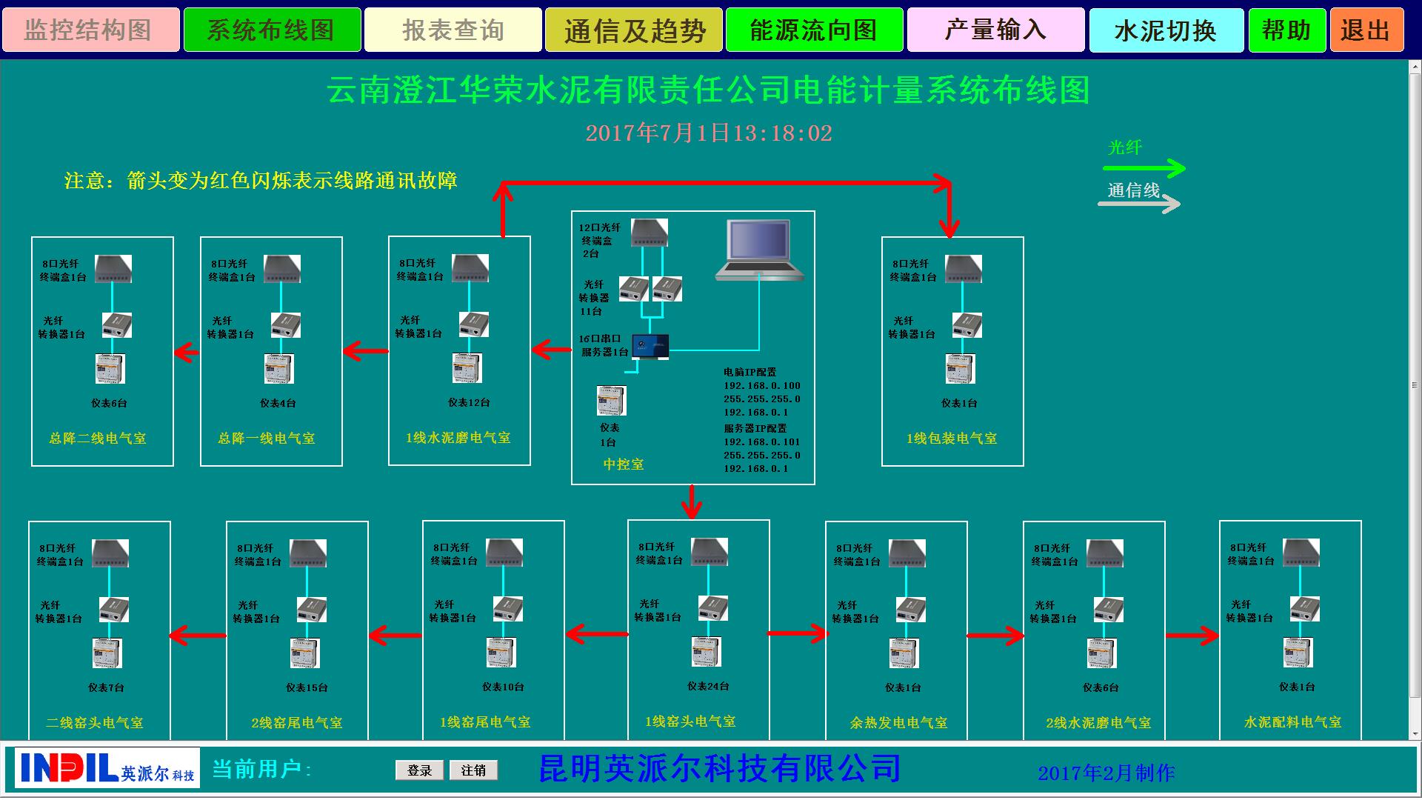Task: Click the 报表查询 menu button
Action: pos(453,30)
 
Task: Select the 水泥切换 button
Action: pos(1166,30)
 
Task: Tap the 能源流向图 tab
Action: pos(814,30)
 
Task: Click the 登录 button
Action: pos(419,770)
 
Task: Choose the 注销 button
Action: pos(473,770)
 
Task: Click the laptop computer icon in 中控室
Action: pos(759,250)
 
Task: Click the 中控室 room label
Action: pos(624,464)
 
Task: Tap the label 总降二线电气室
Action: pos(98,439)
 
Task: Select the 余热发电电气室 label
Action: pos(898,722)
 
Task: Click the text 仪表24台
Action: pos(708,687)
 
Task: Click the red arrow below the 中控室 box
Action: pos(692,502)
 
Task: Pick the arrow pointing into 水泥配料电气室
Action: pos(1192,636)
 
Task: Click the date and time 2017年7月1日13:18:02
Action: pos(709,133)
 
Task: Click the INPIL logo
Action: pos(107,767)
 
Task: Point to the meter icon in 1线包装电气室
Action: pos(961,369)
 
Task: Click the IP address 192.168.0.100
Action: pos(762,386)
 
